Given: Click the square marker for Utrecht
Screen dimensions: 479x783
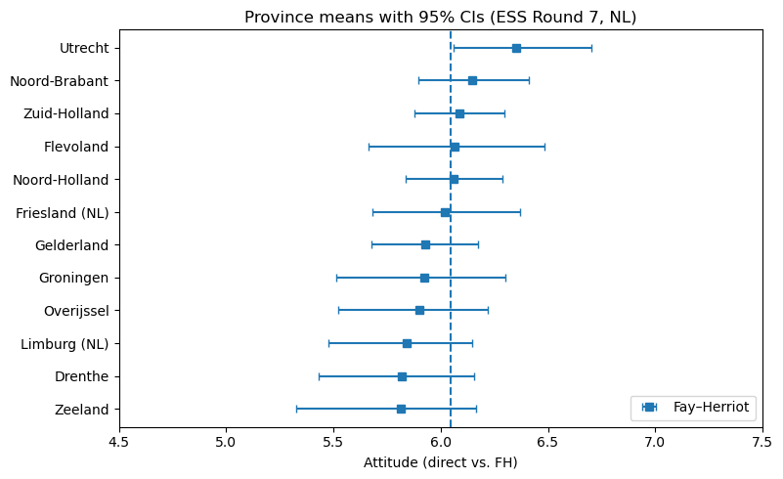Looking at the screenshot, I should (x=516, y=48).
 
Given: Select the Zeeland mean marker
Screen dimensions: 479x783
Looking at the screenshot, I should (x=401, y=409).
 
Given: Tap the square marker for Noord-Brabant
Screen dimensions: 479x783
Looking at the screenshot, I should (x=472, y=80).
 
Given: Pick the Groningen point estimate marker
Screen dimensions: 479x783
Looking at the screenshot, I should (x=424, y=278).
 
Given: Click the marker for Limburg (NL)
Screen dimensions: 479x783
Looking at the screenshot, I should (x=407, y=343).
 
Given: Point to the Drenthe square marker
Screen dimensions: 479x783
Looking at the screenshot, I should (x=402, y=376).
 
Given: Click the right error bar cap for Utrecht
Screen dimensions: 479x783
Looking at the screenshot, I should (x=591, y=48).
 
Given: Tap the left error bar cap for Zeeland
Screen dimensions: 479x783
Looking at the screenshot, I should (x=296, y=409).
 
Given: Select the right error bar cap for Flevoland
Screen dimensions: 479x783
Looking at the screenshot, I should (x=544, y=147).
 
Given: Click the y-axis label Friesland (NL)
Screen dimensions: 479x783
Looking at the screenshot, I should (x=63, y=212).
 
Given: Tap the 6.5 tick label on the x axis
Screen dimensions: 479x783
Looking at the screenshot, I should (x=547, y=440).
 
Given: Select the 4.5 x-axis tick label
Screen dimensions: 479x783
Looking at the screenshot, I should (x=119, y=440).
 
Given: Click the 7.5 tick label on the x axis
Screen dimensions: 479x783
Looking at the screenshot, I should (x=762, y=440).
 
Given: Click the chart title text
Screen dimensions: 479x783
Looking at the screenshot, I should (x=440, y=18).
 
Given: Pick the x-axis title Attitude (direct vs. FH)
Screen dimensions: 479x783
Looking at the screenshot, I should (x=440, y=461).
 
